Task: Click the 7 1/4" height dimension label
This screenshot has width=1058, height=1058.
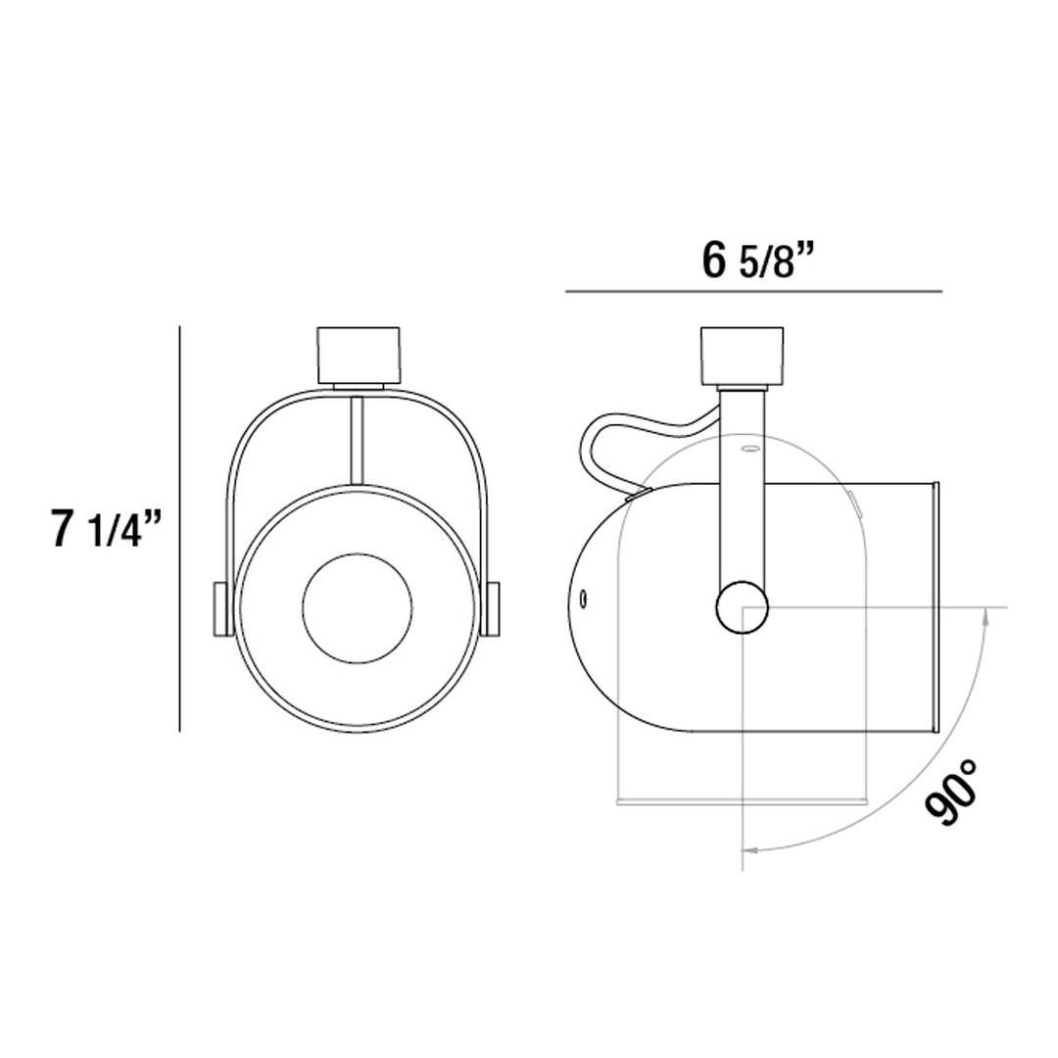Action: pos(103,530)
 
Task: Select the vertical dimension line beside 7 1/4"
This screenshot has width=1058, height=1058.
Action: pos(181,529)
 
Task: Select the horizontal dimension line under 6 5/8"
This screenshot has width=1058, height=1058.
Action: pos(752,292)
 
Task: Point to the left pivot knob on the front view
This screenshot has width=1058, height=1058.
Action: pos(219,608)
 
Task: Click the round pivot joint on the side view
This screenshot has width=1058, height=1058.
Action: pos(742,607)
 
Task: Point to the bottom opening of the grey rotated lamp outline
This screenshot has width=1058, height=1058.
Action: pos(742,800)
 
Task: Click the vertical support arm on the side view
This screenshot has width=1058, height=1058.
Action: pos(742,490)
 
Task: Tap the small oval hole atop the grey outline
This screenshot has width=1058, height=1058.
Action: pos(751,450)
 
